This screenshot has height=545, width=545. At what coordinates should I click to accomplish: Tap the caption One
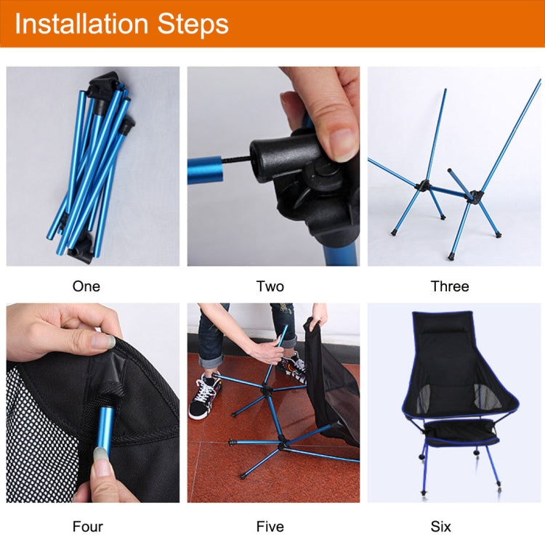pos(86,286)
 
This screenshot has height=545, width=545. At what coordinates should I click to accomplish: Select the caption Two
pos(270,286)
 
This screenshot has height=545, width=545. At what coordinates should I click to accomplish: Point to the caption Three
pos(450,286)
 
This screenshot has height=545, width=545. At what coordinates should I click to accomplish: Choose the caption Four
pos(87,526)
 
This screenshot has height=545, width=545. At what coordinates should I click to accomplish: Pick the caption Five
pos(270,526)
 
